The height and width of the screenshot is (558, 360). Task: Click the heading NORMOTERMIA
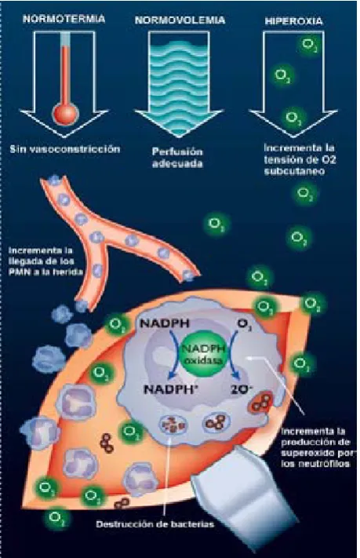pyautogui.click(x=64, y=19)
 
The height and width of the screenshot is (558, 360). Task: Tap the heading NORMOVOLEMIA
pyautogui.click(x=180, y=20)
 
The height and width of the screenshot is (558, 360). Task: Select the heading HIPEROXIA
pyautogui.click(x=294, y=21)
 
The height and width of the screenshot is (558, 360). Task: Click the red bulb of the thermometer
pyautogui.click(x=65, y=114)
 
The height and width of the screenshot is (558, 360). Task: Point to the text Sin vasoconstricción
pyautogui.click(x=65, y=149)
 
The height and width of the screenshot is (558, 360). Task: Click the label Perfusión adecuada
pyautogui.click(x=177, y=158)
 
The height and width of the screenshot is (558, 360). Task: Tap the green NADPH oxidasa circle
pyautogui.click(x=203, y=353)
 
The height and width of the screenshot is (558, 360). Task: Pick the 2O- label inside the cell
pyautogui.click(x=241, y=390)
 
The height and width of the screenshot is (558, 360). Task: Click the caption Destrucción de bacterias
pyautogui.click(x=155, y=524)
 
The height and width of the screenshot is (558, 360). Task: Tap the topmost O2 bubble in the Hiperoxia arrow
pyautogui.click(x=308, y=45)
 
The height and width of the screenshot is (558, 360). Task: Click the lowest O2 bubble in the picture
pyautogui.click(x=56, y=517)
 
